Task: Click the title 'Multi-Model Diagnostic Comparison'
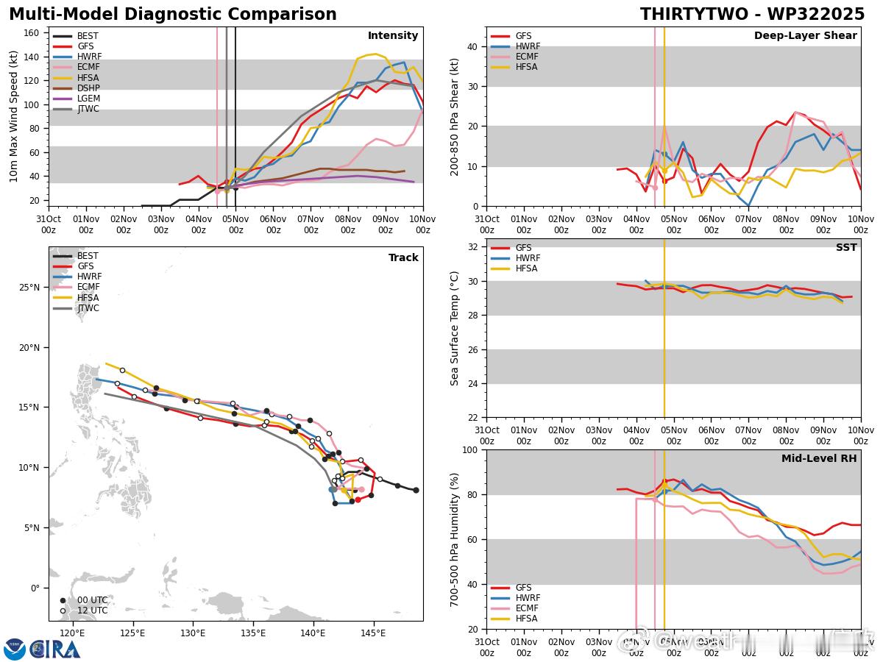tap(173, 15)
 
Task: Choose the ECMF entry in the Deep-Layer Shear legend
tap(526, 57)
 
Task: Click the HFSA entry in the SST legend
tap(526, 268)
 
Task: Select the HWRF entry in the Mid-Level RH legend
tap(526, 598)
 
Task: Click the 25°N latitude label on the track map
tap(29, 287)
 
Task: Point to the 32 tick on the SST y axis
tap(474, 247)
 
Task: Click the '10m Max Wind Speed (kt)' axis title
tap(14, 116)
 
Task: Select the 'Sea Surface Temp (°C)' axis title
tap(455, 328)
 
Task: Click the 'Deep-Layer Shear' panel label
tap(805, 36)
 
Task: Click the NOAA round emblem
tap(15, 649)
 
